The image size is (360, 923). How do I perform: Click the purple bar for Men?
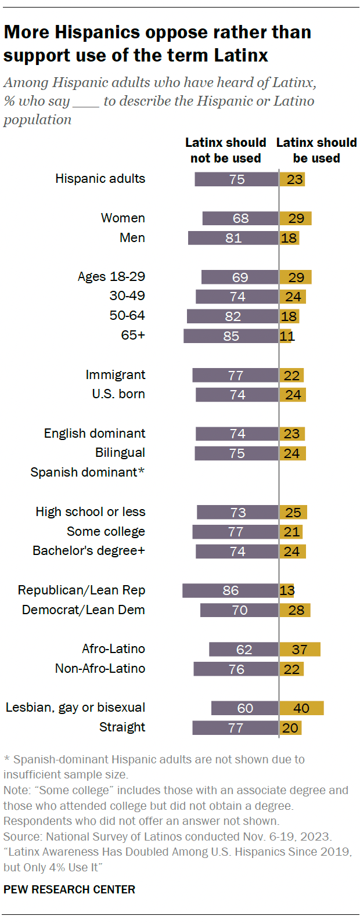[233, 238]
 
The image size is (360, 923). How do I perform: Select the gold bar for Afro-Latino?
[300, 649]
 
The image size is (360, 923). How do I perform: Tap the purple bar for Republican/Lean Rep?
[231, 590]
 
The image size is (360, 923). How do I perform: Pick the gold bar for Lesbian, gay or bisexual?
[301, 708]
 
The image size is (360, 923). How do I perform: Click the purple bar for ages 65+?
[231, 336]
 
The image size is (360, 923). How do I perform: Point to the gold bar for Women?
[296, 218]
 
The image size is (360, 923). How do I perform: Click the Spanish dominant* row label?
[87, 473]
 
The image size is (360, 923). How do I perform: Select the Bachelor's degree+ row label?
[89, 551]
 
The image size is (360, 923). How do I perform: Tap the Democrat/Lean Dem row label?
[84, 610]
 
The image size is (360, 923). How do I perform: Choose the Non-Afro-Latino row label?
[100, 669]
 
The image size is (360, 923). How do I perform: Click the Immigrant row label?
[116, 375]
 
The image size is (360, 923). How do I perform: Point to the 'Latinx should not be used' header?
[226, 150]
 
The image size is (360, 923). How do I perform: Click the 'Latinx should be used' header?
[316, 150]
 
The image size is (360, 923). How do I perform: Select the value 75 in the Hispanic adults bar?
[237, 179]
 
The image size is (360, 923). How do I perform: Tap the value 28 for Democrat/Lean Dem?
[296, 610]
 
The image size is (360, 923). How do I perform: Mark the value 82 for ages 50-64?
[233, 316]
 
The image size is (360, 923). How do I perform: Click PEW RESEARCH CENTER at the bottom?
[69, 889]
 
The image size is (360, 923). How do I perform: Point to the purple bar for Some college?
[235, 532]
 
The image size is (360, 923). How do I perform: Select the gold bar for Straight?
[290, 728]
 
